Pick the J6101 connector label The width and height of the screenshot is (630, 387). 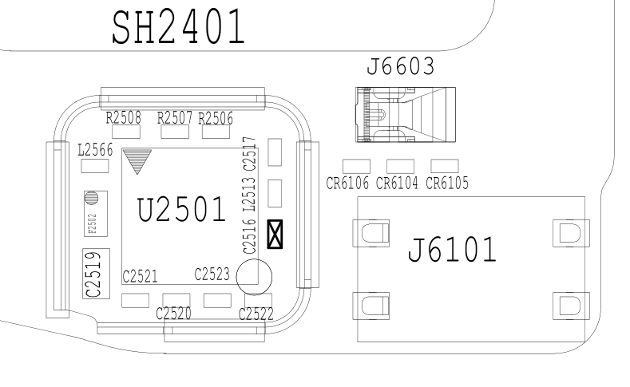click(x=452, y=251)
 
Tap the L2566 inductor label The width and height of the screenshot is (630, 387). click(x=95, y=149)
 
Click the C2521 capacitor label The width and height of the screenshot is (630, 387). click(x=139, y=276)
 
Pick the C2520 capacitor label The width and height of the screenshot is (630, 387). click(x=175, y=313)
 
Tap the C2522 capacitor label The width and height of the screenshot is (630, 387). click(x=256, y=314)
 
